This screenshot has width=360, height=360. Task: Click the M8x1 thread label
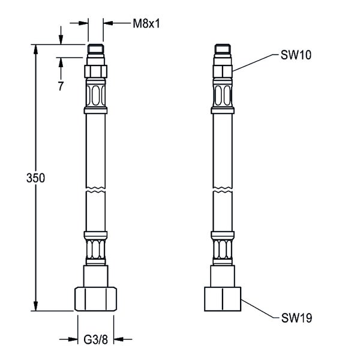click(x=146, y=23)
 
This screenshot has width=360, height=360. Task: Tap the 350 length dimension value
click(x=35, y=178)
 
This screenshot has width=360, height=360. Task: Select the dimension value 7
click(x=61, y=86)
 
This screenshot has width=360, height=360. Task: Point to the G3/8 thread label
click(x=95, y=340)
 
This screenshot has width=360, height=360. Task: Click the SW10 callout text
click(x=296, y=55)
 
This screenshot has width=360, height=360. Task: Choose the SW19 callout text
click(x=296, y=318)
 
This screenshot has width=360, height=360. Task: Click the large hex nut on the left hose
click(x=96, y=299)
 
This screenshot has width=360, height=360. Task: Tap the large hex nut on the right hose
click(x=223, y=299)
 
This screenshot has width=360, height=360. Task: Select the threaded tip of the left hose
click(x=96, y=49)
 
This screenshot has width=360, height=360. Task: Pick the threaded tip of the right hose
click(x=223, y=49)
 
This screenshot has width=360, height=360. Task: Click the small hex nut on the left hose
click(x=96, y=71)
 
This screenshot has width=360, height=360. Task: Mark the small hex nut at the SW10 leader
click(x=223, y=71)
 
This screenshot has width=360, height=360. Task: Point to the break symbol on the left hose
click(x=96, y=188)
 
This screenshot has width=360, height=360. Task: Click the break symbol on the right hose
click(x=223, y=188)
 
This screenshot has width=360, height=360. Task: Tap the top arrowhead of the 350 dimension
click(x=35, y=49)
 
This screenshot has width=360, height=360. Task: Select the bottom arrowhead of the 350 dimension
click(x=35, y=306)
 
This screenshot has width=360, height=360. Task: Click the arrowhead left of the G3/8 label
click(x=73, y=339)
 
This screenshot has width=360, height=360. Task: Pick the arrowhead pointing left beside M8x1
click(x=109, y=23)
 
